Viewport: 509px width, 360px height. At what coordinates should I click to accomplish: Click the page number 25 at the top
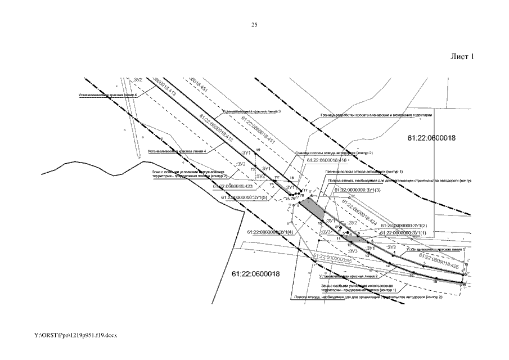(x=254, y=25)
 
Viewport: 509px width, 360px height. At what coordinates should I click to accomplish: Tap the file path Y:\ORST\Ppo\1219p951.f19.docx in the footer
(x=75, y=335)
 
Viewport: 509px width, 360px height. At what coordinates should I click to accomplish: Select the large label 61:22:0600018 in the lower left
(x=255, y=273)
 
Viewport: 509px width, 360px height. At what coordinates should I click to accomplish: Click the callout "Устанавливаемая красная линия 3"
(x=252, y=112)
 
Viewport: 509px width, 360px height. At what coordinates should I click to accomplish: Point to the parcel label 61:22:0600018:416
(x=327, y=160)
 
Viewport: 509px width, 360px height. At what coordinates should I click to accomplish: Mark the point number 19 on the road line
(x=258, y=149)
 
